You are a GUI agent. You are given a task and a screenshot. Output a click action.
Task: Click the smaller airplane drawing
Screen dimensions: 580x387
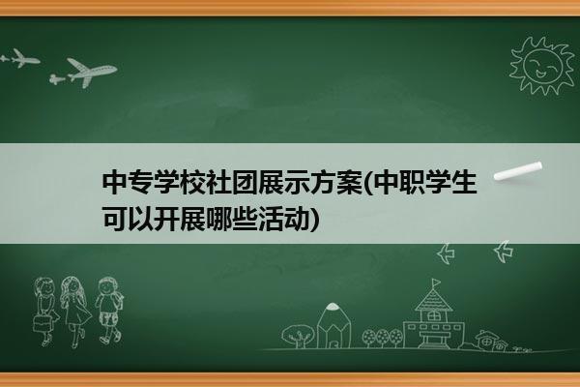pyautogui.click(x=20, y=58)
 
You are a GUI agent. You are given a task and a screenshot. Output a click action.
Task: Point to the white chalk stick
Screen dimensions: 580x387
pyautogui.click(x=518, y=171)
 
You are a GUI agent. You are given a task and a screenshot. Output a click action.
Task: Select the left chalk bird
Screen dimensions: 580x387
pyautogui.click(x=446, y=253)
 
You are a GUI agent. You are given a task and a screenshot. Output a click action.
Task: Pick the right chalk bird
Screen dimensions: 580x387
pyautogui.click(x=503, y=252)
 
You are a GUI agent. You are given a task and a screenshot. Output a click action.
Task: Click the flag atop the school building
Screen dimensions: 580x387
pyautogui.click(x=437, y=283)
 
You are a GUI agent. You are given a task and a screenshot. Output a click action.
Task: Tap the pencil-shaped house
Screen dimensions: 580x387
pyautogui.click(x=333, y=325)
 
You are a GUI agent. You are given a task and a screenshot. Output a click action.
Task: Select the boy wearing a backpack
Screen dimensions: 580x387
pyautogui.click(x=108, y=311)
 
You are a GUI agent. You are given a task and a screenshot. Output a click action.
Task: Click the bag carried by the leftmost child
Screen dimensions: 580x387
pyautogui.click(x=41, y=323)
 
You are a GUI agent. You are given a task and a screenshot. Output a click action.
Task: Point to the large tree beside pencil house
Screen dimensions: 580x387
pyautogui.click(x=298, y=336)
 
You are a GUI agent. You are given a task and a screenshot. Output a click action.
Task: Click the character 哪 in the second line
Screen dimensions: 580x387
pyautogui.click(x=219, y=219)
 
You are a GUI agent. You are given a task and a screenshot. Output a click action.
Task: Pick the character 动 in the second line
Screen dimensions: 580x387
pyautogui.click(x=297, y=219)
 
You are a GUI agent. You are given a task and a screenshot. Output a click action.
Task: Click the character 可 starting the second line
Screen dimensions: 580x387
pyautogui.click(x=115, y=219)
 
